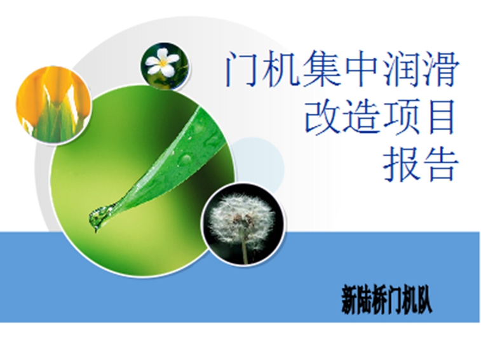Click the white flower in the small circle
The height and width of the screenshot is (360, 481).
(162, 62)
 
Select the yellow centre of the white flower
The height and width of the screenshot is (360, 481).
(163, 63)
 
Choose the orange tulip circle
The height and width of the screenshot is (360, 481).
(53, 104)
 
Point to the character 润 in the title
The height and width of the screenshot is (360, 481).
(400, 69)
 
